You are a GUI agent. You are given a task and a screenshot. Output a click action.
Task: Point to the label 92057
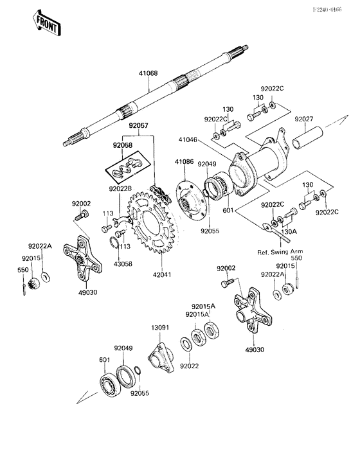138,126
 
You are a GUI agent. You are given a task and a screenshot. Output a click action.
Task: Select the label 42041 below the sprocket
163,274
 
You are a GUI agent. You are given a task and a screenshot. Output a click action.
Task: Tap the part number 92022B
120,189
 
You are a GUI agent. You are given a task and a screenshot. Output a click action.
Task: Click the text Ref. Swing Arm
280,251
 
